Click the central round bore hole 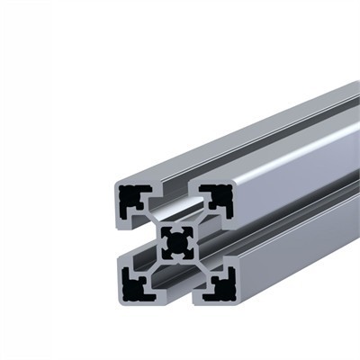pos(177,241)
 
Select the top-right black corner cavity pos(217,199)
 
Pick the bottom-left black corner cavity pos(135,286)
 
